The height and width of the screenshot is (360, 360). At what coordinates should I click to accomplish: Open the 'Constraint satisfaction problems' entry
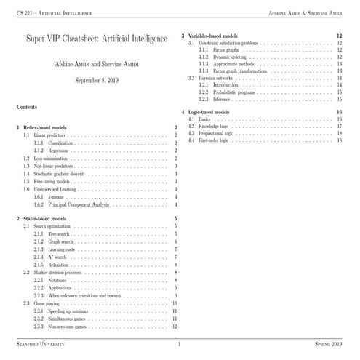[230, 44]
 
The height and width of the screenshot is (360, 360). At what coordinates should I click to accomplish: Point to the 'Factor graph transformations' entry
[244, 71]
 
